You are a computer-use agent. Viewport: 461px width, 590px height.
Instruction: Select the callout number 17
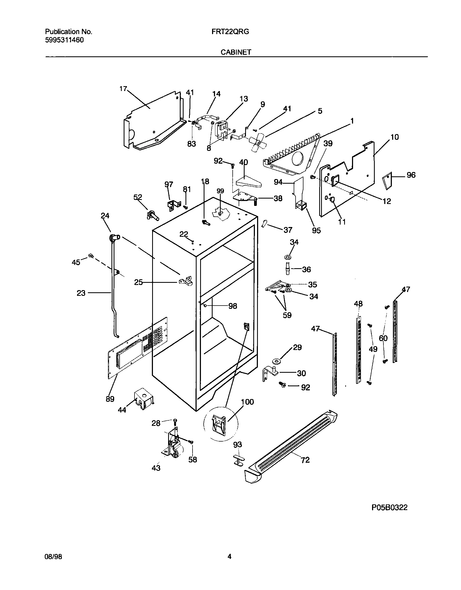(x=123, y=89)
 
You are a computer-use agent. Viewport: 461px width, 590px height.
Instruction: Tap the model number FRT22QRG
(x=230, y=32)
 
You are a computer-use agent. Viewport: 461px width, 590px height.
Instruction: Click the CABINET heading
(x=236, y=52)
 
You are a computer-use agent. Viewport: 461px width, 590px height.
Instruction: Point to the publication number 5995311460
(x=64, y=40)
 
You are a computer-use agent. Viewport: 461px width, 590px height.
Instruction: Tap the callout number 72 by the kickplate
(x=305, y=460)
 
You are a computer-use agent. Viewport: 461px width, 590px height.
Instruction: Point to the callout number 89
(x=110, y=399)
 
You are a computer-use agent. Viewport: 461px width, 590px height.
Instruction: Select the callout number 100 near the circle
(x=247, y=402)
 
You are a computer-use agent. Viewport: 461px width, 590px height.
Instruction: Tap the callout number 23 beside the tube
(x=81, y=293)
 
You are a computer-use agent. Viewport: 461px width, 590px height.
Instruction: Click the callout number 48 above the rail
(x=358, y=304)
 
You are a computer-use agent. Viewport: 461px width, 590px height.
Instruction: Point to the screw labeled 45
(x=91, y=255)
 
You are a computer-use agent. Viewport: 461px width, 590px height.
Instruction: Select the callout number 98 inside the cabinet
(x=233, y=306)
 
